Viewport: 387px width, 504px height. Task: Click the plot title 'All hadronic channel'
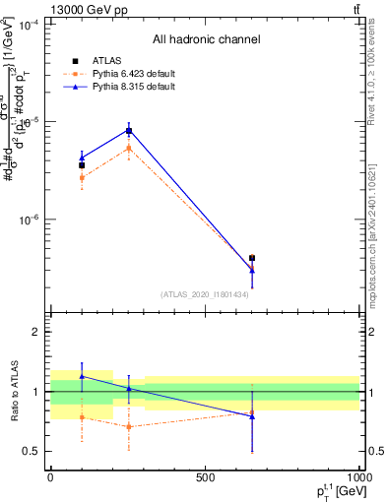click(x=206, y=39)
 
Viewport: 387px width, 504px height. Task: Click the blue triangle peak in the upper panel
click(x=128, y=130)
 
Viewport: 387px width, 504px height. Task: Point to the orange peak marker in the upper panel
click(x=128, y=149)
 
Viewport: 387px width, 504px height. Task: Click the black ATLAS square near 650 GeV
click(x=252, y=258)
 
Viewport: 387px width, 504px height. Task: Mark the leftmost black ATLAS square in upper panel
click(x=82, y=165)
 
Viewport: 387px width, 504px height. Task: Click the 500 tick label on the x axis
click(x=205, y=477)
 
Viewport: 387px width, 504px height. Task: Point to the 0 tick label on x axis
click(x=50, y=477)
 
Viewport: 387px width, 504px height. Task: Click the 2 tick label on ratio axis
click(x=35, y=332)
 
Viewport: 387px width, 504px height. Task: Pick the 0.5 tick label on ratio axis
click(x=31, y=451)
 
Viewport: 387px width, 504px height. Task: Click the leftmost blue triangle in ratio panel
click(x=82, y=376)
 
